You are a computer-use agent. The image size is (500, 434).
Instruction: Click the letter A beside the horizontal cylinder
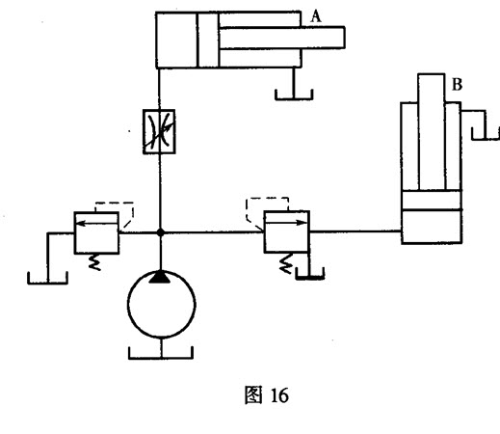click(x=316, y=16)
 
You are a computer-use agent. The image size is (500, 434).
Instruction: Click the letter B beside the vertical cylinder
click(x=457, y=85)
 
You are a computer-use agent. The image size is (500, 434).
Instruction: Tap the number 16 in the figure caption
click(x=279, y=395)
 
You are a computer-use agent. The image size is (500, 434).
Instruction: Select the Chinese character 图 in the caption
click(x=253, y=395)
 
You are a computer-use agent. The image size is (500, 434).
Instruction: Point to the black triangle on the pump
click(x=160, y=277)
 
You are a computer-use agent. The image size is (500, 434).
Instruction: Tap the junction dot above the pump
click(x=160, y=232)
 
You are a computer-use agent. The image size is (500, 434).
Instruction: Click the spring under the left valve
click(x=94, y=262)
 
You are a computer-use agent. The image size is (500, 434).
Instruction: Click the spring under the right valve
click(x=286, y=263)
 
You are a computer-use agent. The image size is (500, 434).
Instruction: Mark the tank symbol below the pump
click(x=161, y=357)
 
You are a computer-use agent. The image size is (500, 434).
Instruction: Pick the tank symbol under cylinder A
click(x=294, y=98)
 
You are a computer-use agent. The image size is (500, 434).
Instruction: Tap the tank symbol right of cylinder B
click(x=485, y=139)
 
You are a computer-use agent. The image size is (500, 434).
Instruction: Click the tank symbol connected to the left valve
click(x=47, y=283)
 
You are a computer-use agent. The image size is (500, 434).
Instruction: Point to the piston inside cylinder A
click(x=208, y=40)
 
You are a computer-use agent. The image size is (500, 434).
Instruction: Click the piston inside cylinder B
click(x=432, y=201)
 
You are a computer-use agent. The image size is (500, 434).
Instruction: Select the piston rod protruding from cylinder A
click(x=282, y=38)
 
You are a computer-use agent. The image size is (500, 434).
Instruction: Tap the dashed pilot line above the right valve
click(x=267, y=199)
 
